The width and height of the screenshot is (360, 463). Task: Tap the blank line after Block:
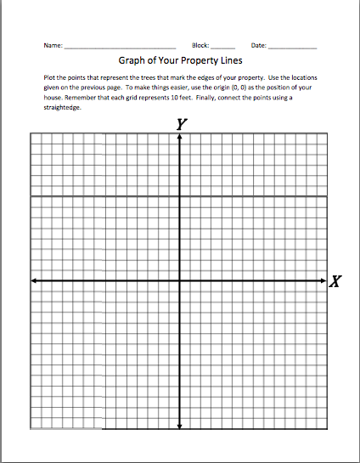click(x=222, y=46)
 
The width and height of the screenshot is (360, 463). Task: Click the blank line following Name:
click(x=120, y=46)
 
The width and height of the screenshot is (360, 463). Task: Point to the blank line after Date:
click(x=292, y=46)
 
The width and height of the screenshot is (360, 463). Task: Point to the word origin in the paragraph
click(x=229, y=88)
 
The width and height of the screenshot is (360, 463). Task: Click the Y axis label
click(x=181, y=124)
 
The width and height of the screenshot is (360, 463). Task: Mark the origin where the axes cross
click(x=180, y=280)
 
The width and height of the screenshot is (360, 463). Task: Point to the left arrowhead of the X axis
click(x=33, y=280)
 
